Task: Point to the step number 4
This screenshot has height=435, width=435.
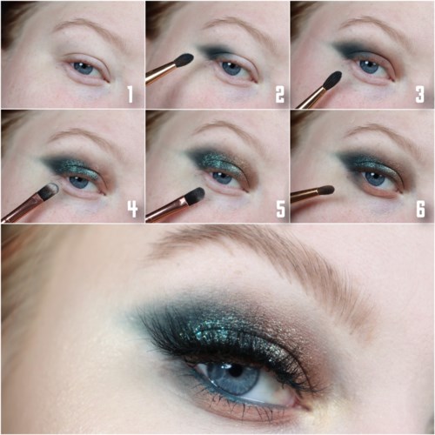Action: (132, 208)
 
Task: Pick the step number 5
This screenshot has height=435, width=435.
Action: (280, 208)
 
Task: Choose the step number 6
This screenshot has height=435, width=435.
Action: (420, 208)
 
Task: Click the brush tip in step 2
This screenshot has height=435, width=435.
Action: (184, 58)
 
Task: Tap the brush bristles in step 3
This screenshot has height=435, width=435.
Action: (332, 80)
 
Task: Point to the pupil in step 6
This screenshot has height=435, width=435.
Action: (372, 177)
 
